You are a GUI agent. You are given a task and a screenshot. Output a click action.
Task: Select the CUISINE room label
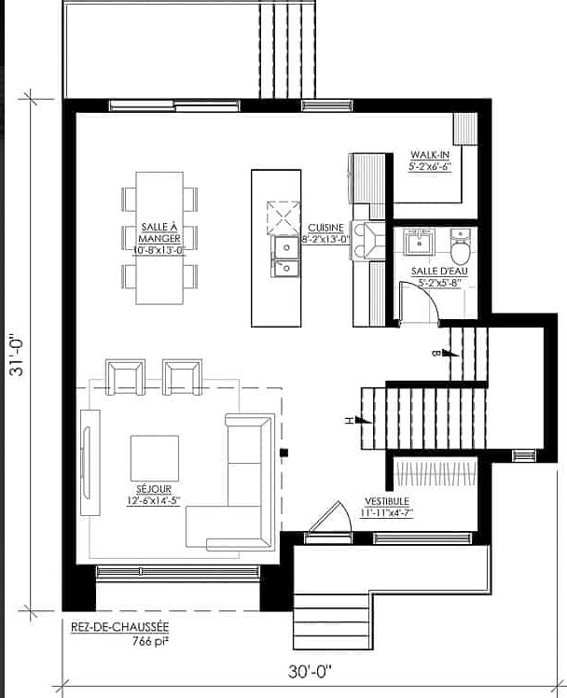(326, 228)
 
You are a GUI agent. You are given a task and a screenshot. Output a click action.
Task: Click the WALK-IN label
(430, 155)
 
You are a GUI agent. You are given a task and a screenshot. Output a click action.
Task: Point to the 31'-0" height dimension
(17, 355)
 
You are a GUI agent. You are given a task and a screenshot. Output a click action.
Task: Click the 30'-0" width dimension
(310, 671)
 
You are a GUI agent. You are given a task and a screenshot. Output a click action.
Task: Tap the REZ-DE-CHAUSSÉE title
(120, 627)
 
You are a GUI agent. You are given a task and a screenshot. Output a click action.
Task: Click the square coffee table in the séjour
(154, 459)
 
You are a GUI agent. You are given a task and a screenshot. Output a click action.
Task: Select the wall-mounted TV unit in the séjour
(90, 462)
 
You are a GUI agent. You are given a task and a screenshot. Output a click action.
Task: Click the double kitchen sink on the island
(285, 257)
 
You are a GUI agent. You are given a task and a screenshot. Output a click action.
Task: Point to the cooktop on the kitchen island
(283, 218)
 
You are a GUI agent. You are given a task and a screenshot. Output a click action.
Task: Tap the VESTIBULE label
(387, 501)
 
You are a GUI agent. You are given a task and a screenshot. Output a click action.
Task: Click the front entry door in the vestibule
(329, 518)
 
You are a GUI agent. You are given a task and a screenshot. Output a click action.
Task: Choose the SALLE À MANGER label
(159, 232)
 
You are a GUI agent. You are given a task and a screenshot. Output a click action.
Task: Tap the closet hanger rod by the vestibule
(436, 473)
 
